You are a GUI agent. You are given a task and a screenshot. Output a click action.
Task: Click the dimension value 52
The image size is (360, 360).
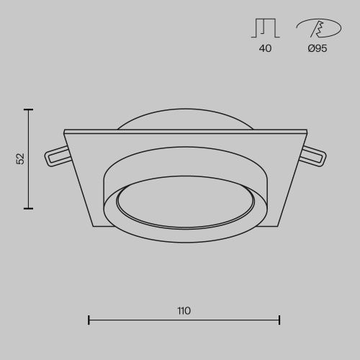coord(21,158)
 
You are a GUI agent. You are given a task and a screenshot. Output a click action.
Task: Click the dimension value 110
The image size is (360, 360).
coord(184,311)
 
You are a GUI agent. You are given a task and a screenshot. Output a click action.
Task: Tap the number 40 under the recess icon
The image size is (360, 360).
coord(265,49)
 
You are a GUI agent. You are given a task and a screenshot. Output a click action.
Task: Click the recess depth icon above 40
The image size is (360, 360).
coord(265,28)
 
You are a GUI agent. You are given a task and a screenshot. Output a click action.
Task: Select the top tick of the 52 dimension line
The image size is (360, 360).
coord(28,109)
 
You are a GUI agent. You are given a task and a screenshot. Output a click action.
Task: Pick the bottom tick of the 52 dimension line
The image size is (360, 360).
coord(28,208)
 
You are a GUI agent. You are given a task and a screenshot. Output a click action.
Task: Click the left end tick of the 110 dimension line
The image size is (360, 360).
coord(89,320)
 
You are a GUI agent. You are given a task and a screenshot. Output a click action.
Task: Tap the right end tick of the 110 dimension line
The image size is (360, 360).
coord(279,320)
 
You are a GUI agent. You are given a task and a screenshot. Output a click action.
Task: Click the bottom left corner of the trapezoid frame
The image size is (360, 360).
coord(93,225)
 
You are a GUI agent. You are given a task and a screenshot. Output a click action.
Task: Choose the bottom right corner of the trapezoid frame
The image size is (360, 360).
coord(277,225)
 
